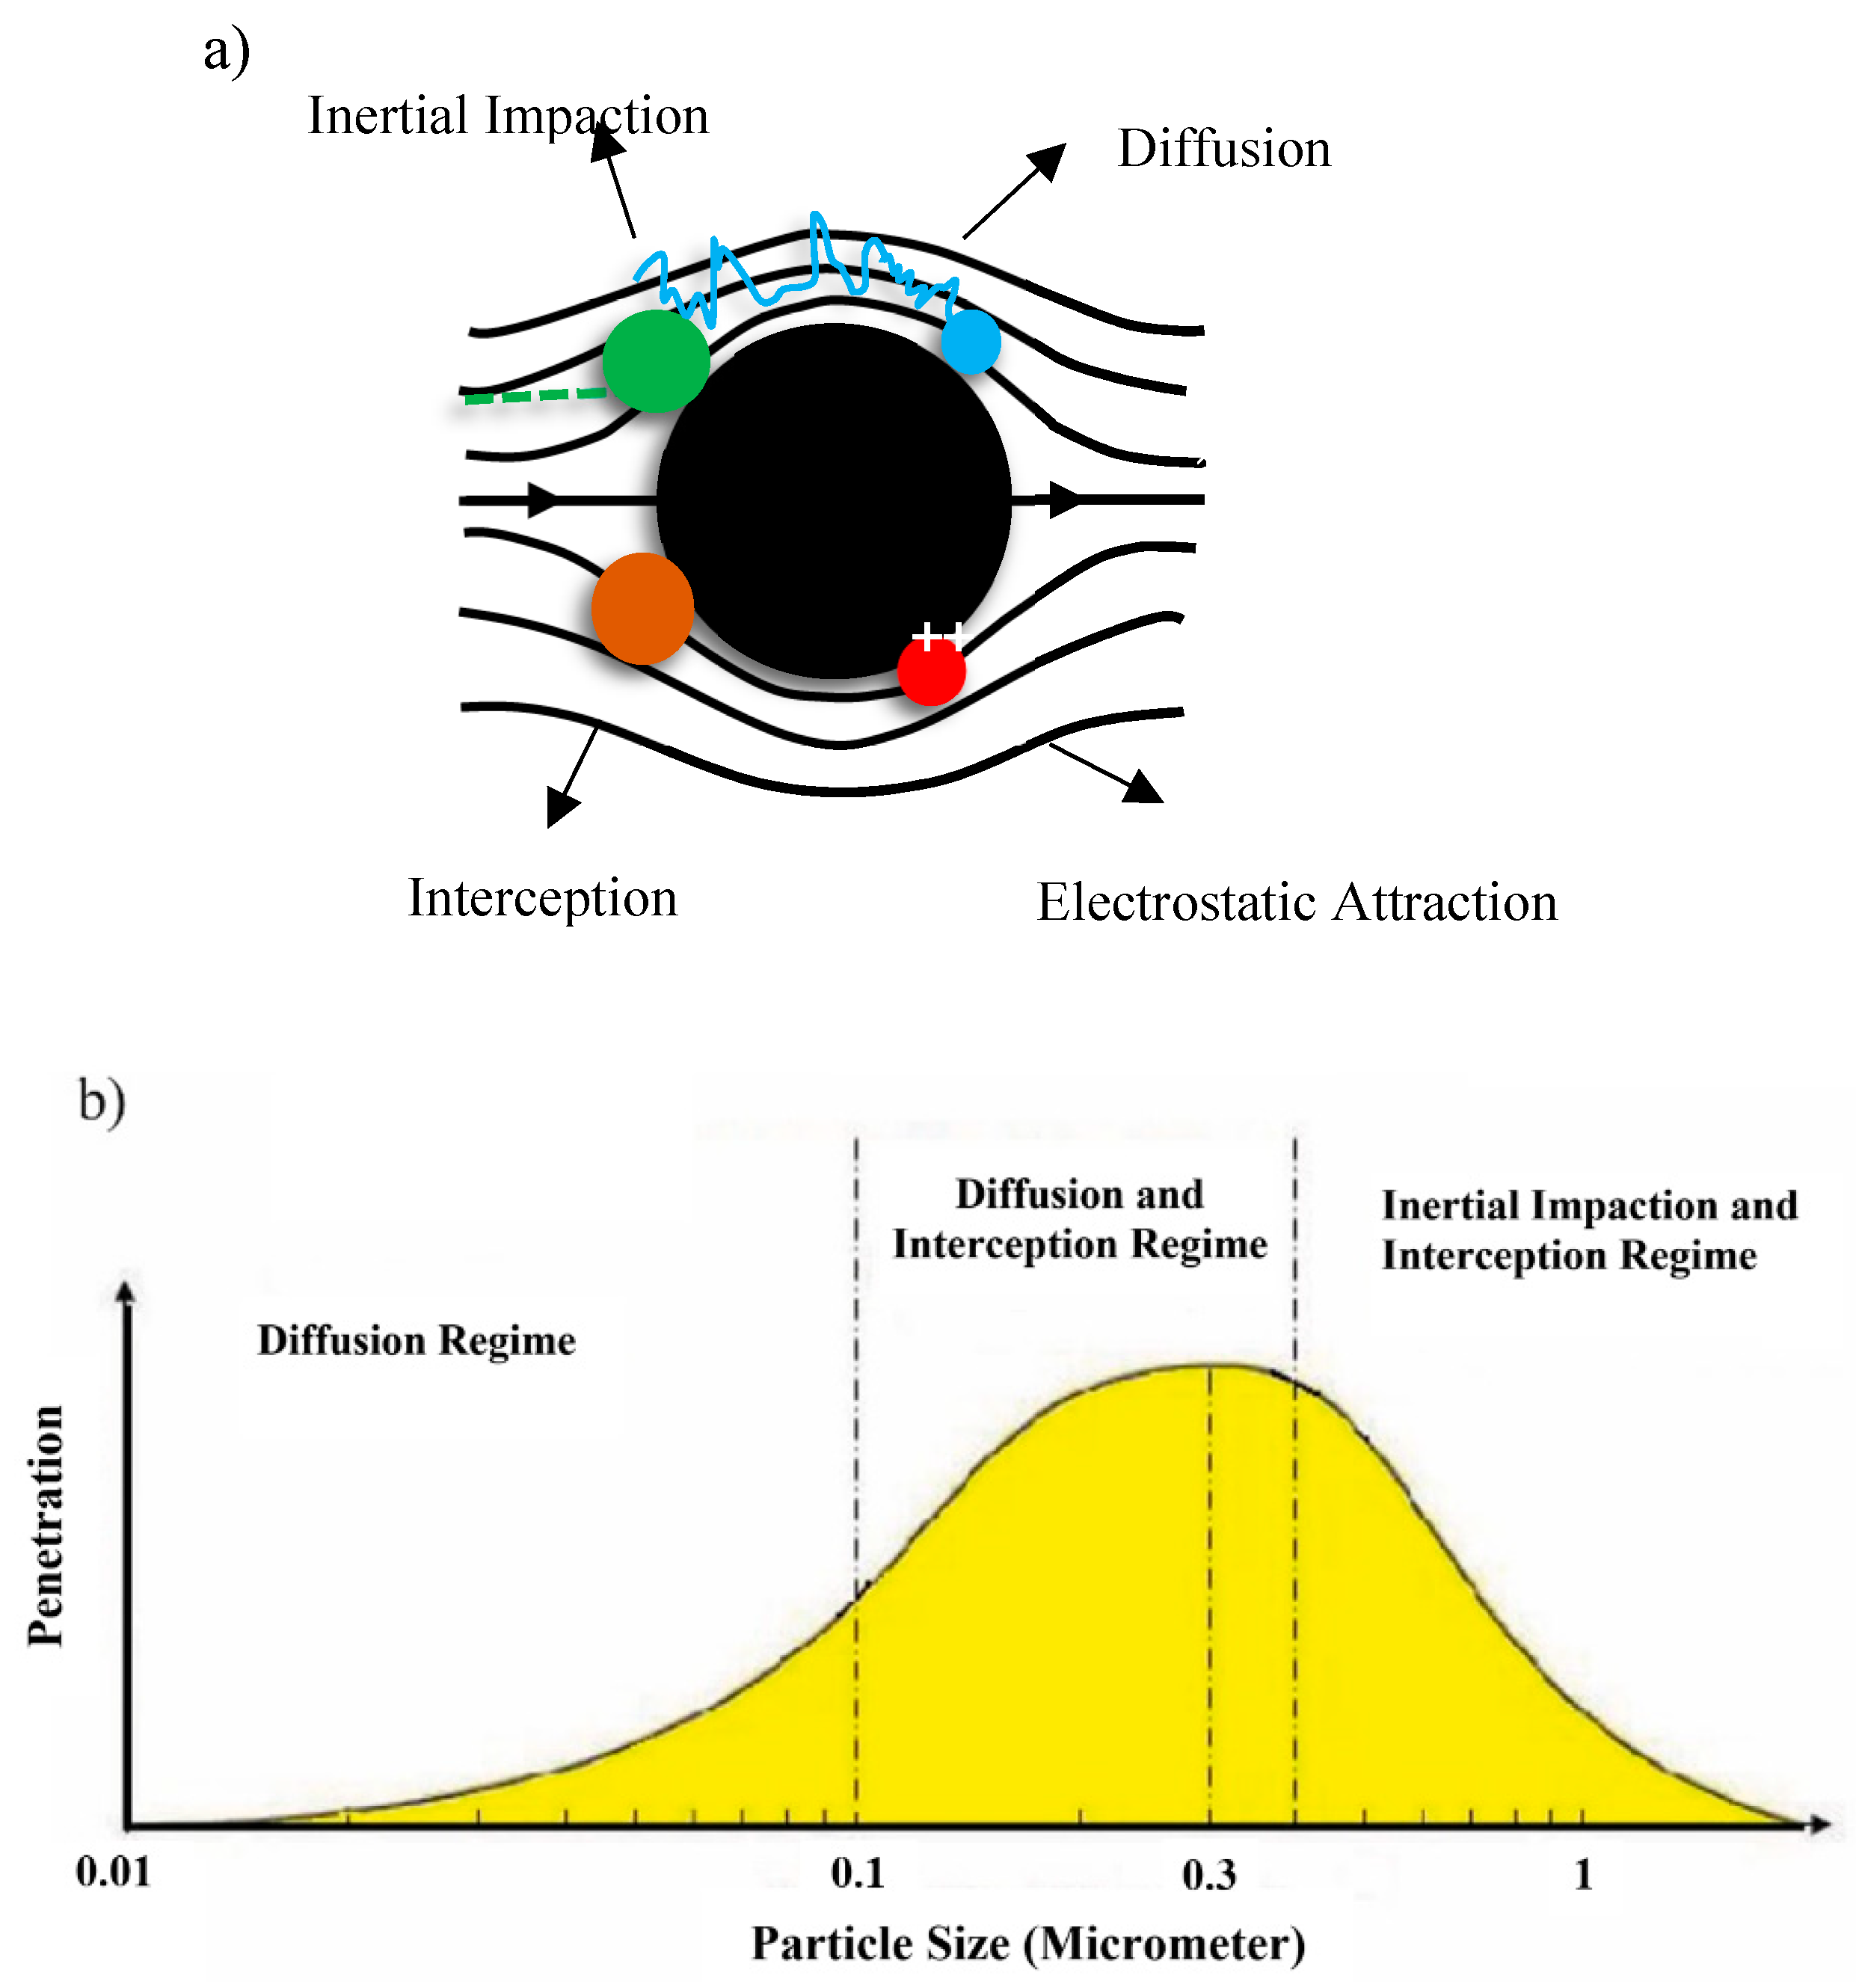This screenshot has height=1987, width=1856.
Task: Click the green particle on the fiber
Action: coord(656,360)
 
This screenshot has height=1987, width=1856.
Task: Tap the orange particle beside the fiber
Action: coord(642,608)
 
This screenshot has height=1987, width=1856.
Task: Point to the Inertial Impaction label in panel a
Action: coord(508,116)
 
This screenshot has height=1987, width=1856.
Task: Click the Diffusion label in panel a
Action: coord(1223,149)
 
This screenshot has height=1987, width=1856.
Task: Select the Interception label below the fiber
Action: coord(543,897)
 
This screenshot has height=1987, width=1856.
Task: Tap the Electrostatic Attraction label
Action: coord(1297,902)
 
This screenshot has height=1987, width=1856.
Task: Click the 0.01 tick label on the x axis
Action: coord(113,1871)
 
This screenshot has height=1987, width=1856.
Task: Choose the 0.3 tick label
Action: coord(1208,1875)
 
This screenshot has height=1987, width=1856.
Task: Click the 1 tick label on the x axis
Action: coord(1582,1874)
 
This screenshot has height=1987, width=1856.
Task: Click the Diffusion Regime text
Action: coord(416,1340)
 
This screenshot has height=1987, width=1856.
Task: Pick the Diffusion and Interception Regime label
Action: coord(1079,1220)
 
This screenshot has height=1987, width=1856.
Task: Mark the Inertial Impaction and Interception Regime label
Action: coord(1589,1229)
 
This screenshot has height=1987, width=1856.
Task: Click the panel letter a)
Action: coord(226,52)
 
